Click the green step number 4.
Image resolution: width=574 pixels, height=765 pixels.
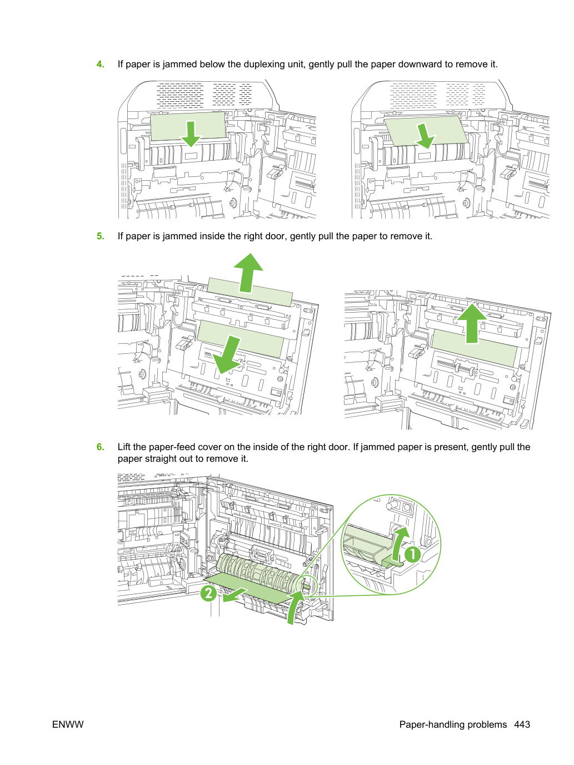100,64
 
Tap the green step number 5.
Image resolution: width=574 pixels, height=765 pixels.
100,236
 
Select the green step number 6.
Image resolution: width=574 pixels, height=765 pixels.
100,447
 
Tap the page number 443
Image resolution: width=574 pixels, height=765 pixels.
522,724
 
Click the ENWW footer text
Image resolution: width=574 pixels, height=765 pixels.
68,724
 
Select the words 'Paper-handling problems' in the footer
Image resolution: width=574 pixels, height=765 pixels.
453,724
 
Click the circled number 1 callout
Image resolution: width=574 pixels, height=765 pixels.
412,554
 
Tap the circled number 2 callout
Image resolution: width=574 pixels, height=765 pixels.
208,593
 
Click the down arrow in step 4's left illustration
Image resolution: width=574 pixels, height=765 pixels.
191,134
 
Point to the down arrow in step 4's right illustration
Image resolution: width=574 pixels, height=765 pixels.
425,136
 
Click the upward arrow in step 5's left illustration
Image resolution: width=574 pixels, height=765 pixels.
248,273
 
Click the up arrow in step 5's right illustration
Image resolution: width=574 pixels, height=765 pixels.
472,323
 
